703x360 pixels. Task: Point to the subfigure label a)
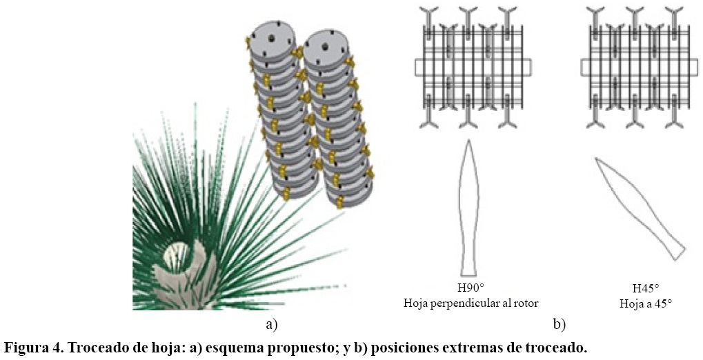pyautogui.click(x=271, y=323)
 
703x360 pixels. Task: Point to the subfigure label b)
pyautogui.click(x=559, y=323)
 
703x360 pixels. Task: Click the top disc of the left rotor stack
pyautogui.click(x=270, y=34)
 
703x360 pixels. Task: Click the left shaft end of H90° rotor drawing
pyautogui.click(x=419, y=67)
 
